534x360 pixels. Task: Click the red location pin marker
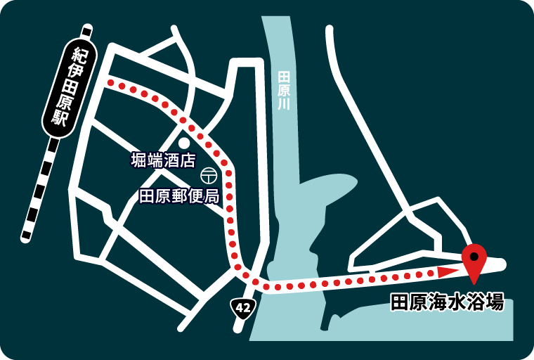coord(474,262)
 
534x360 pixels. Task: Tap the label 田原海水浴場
coord(447,302)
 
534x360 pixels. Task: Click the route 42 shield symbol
coord(243,308)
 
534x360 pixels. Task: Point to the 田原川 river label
coord(283,89)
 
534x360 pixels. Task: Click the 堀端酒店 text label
coord(162,160)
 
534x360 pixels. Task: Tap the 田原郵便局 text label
coord(179,195)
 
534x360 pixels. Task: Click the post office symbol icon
coord(208,174)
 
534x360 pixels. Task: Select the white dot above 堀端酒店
coord(184,143)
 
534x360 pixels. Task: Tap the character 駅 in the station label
coord(60,117)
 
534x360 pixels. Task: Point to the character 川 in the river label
coord(283,104)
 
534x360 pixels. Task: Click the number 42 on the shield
coord(243,308)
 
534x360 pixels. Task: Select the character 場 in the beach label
coord(495,302)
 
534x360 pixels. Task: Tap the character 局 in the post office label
coord(211,195)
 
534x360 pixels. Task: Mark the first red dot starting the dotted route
coord(110,83)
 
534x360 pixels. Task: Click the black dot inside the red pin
coord(474,254)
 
